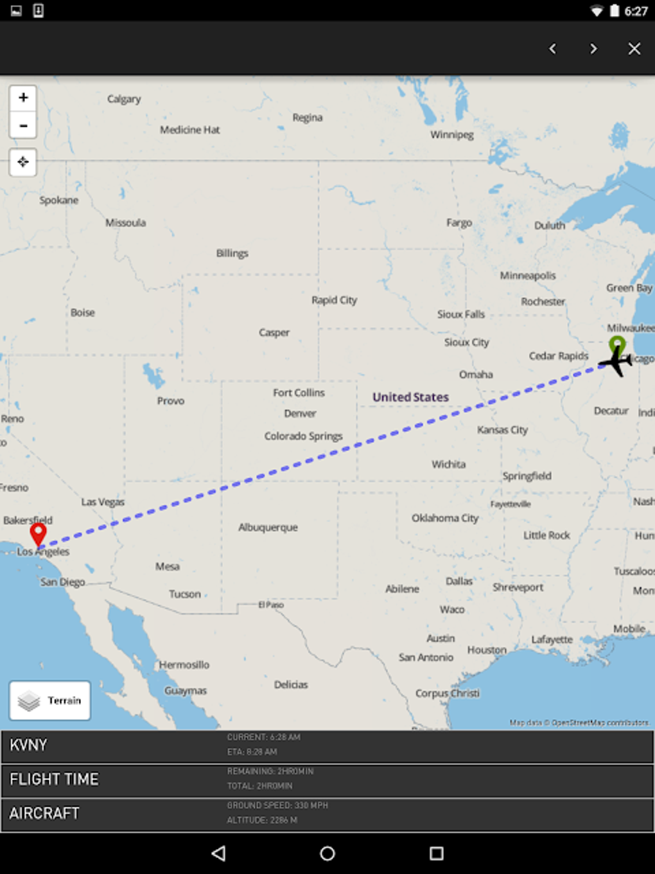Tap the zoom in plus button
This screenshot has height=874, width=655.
[23, 98]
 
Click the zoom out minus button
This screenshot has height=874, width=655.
[23, 125]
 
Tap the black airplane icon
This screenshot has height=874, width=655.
[616, 362]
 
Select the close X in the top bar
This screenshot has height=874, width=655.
[634, 49]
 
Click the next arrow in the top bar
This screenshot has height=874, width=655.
[593, 49]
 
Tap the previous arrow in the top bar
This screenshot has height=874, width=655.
[552, 49]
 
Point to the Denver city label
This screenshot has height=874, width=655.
[300, 413]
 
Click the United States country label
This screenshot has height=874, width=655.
[410, 397]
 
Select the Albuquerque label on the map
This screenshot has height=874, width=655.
[268, 528]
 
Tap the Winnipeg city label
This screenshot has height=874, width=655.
[451, 134]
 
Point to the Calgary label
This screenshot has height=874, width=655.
[124, 99]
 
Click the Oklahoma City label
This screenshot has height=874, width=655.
[445, 518]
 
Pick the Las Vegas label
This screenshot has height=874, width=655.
[103, 502]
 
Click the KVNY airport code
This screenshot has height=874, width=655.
[28, 745]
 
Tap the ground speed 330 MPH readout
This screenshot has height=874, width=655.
[277, 805]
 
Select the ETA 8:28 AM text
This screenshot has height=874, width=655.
[252, 752]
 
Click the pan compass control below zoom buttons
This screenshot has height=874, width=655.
[23, 162]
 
